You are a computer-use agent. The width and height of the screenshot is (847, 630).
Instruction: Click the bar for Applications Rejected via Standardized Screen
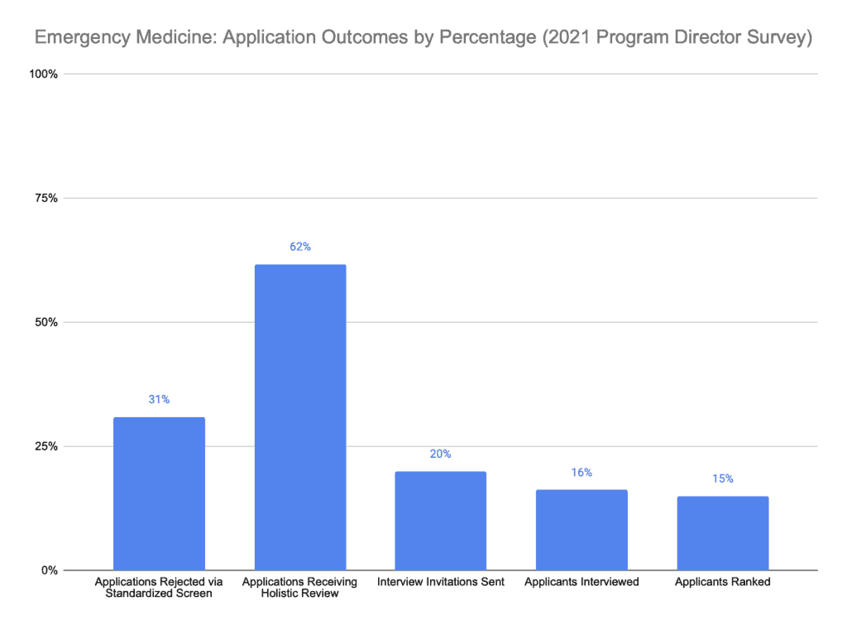click(159, 493)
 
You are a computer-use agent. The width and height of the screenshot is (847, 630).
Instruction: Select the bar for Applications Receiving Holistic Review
click(299, 417)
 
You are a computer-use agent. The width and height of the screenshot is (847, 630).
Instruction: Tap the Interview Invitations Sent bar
click(440, 521)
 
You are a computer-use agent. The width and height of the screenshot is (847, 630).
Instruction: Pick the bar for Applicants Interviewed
click(581, 530)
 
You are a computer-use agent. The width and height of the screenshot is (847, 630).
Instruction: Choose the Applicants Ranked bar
click(722, 533)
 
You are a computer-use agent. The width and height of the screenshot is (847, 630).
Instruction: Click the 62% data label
click(299, 247)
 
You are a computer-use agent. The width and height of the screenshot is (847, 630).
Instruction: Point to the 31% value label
click(159, 400)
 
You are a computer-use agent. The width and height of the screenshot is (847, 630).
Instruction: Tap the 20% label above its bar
click(440, 454)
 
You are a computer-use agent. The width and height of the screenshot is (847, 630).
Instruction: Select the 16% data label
click(581, 473)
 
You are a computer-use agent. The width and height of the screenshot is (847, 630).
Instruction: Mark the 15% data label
click(722, 479)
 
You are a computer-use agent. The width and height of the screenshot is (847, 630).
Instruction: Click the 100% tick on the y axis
click(43, 75)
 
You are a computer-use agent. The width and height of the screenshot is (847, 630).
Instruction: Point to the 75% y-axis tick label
click(45, 199)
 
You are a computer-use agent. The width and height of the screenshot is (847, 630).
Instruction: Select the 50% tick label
click(45, 322)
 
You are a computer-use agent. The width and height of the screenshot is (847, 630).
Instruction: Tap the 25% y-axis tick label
click(45, 446)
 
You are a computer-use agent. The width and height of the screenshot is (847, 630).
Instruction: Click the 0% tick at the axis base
click(49, 570)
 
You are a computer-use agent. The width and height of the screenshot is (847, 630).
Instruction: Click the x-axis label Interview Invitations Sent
click(440, 582)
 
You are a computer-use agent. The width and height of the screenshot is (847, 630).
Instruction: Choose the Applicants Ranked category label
click(722, 582)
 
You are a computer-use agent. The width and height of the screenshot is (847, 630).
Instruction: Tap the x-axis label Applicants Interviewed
click(581, 582)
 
